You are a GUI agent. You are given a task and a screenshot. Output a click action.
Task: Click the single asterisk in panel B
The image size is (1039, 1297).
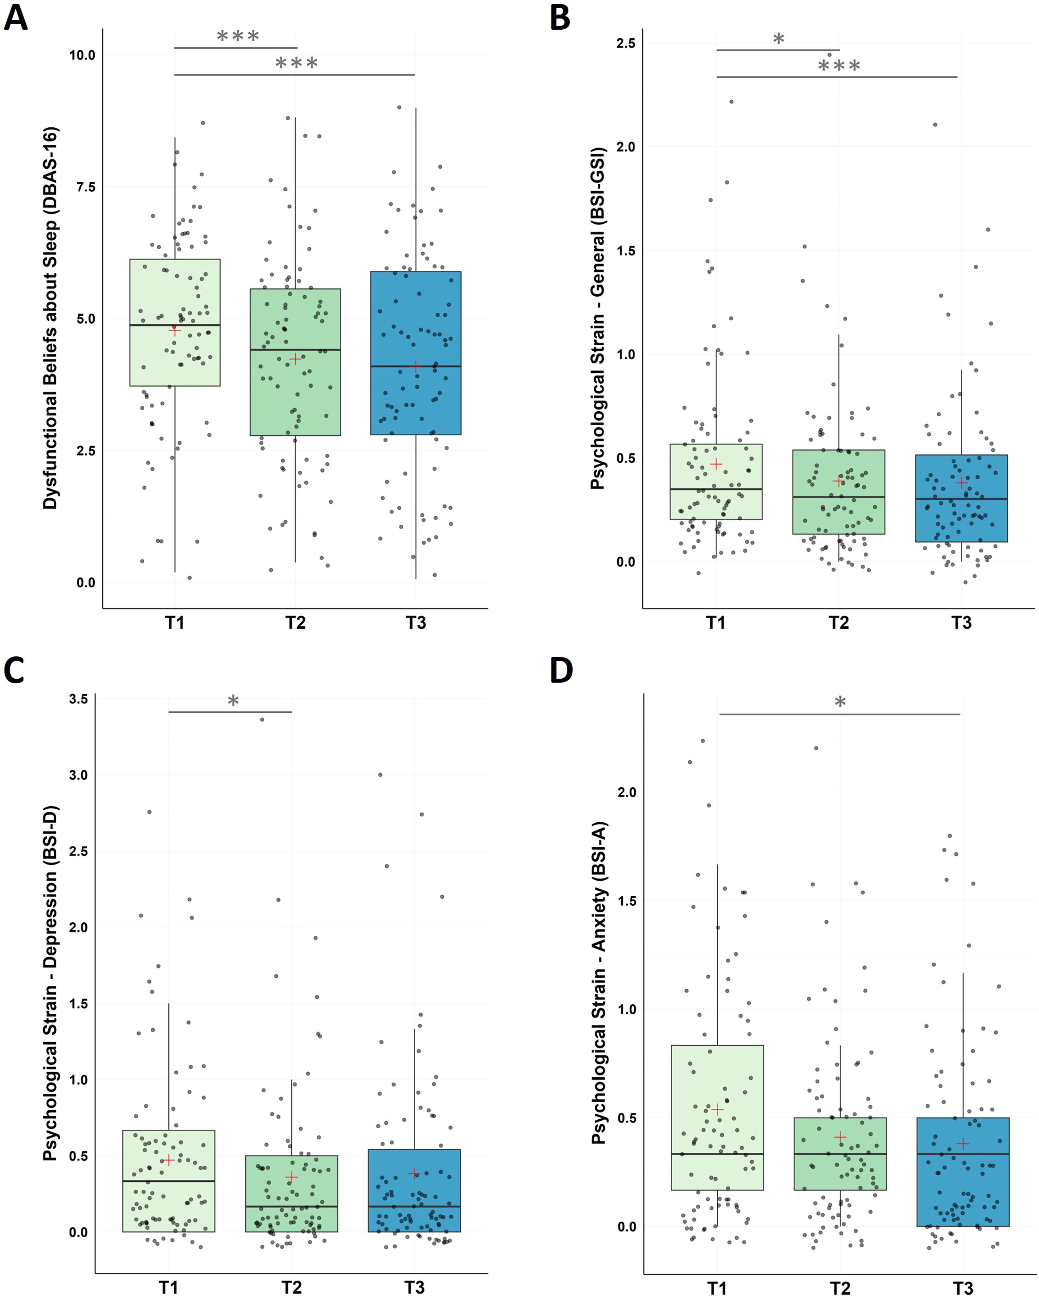tap(778, 39)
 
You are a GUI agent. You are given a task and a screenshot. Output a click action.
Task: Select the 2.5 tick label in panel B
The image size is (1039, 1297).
tap(626, 43)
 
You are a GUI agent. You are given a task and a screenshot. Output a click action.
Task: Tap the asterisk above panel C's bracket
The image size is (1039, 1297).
tap(233, 700)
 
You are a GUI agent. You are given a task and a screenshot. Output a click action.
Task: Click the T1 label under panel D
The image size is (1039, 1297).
tap(717, 1287)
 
